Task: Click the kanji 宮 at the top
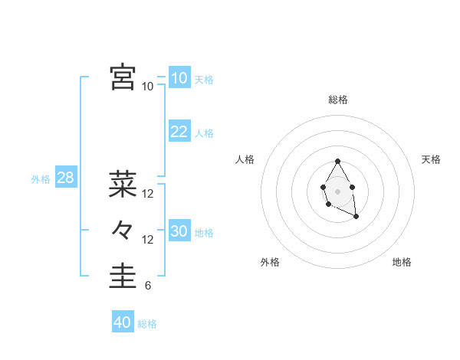[123, 77]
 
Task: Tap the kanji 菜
[123, 184]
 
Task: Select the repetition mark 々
[123, 229]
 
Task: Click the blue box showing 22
[179, 132]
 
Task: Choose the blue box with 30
[179, 231]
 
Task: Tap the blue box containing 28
[65, 178]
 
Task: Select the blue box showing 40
[122, 322]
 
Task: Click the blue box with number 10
[179, 78]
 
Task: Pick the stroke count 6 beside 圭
[148, 286]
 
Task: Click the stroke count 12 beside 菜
[148, 194]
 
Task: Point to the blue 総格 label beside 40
[147, 324]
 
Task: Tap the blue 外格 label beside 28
[41, 179]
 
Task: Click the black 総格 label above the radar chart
[338, 100]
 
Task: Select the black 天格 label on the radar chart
[432, 159]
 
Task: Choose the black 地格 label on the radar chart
[402, 262]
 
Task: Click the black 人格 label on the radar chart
[245, 159]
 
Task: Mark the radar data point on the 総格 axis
[337, 162]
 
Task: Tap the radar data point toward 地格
[356, 217]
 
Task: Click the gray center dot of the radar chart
[337, 191]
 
